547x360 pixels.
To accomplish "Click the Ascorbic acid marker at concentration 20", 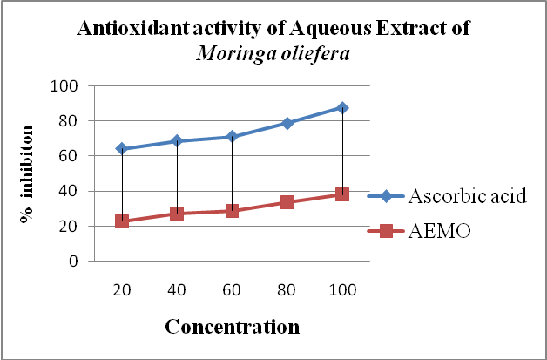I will click(122, 149).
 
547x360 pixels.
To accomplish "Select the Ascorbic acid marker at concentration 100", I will click(342, 107).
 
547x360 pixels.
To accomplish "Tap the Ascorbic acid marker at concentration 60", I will click(232, 137).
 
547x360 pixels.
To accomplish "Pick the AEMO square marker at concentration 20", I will click(122, 221).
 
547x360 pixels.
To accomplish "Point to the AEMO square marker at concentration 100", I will click(342, 194).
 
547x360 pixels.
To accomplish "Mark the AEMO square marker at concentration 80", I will click(287, 202).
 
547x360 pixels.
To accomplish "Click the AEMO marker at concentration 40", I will click(177, 213).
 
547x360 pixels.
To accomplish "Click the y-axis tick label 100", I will click(66, 86).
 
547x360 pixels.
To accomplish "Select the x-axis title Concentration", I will click(232, 328).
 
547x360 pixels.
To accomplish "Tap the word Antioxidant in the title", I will click(128, 28).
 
